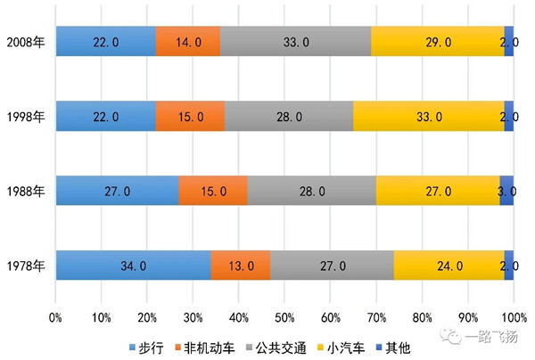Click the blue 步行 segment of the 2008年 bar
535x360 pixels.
pyautogui.click(x=105, y=42)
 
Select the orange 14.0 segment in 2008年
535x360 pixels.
pyautogui.click(x=187, y=42)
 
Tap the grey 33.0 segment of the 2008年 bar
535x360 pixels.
pyautogui.click(x=295, y=42)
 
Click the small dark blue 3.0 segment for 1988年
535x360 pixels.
pyautogui.click(x=506, y=192)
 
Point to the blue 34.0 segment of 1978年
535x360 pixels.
pyautogui.click(x=133, y=266)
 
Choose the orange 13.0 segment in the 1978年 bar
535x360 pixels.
pyautogui.click(x=241, y=266)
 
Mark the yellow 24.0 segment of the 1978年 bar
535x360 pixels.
pyautogui.click(x=449, y=266)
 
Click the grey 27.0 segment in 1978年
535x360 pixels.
pyautogui.click(x=332, y=266)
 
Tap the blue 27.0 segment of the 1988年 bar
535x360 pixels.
pyautogui.click(x=117, y=192)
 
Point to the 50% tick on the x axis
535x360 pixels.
pyautogui.click(x=284, y=316)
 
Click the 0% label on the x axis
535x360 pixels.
pyautogui.click(x=55, y=316)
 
